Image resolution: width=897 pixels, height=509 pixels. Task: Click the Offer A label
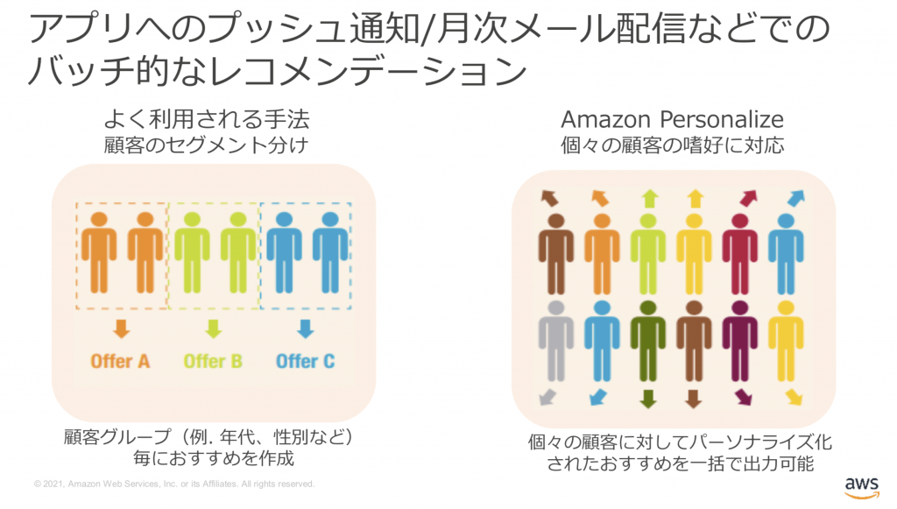(x=120, y=360)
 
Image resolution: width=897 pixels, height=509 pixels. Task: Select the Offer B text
(x=213, y=360)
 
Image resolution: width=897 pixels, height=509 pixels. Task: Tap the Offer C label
(x=305, y=360)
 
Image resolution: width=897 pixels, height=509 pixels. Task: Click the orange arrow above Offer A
(x=121, y=329)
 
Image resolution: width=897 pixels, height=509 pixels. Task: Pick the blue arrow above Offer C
(x=305, y=329)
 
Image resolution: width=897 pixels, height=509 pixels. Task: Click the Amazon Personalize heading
(x=672, y=119)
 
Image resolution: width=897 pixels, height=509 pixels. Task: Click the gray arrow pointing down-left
(x=547, y=398)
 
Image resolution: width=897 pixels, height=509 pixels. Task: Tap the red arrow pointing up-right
(x=749, y=199)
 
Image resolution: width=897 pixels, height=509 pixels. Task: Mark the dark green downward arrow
(x=648, y=399)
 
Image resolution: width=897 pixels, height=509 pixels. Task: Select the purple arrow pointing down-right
(x=744, y=398)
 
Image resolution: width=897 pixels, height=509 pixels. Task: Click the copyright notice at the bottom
(x=173, y=484)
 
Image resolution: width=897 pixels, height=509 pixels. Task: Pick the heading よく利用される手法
(x=207, y=119)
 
